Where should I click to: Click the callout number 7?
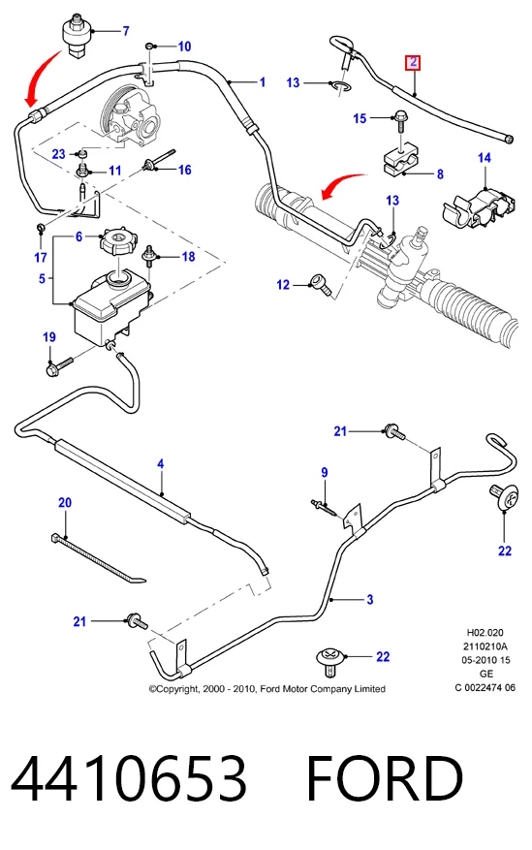[x=126, y=31]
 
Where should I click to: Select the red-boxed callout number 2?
[x=414, y=62]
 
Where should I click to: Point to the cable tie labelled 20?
[x=98, y=559]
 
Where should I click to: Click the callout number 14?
[x=485, y=158]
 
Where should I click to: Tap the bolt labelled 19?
[x=59, y=366]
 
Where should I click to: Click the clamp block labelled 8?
[x=402, y=160]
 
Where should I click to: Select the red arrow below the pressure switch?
[x=45, y=76]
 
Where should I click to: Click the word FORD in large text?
[x=385, y=778]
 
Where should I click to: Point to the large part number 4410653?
[x=129, y=778]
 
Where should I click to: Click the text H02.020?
[x=485, y=632]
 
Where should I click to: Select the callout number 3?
[x=369, y=599]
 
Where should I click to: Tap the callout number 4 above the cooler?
[x=160, y=464]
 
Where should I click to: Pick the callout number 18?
[x=188, y=256]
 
